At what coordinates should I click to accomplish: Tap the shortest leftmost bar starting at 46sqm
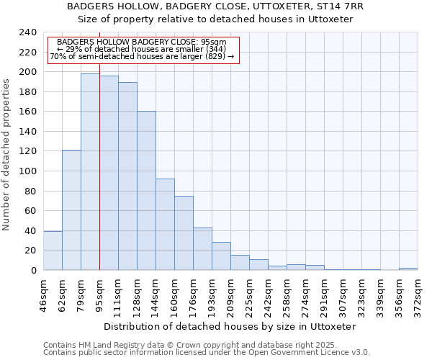pos(53,251)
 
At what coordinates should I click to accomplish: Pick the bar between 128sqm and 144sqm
pos(146,191)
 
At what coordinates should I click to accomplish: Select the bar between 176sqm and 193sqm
pos(202,249)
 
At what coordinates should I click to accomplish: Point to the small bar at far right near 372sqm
pos(408,269)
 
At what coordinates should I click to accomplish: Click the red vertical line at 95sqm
pos(99,180)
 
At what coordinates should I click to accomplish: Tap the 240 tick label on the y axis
pos(27,32)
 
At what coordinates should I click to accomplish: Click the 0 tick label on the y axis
pos(33,271)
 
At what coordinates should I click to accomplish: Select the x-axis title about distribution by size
pos(230,326)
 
